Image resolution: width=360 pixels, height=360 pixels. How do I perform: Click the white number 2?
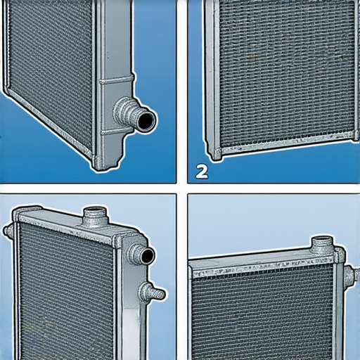[x=202, y=172]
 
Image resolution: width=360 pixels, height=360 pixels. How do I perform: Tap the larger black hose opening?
[x=146, y=121]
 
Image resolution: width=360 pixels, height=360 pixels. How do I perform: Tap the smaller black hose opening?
[x=148, y=256]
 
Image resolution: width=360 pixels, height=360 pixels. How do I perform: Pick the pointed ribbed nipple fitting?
[x=153, y=292]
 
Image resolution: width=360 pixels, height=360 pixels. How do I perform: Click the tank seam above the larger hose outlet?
[x=117, y=79]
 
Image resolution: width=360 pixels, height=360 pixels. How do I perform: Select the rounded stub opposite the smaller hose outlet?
[x=8, y=231]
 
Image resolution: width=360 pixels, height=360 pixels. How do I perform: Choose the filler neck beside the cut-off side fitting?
[x=322, y=245]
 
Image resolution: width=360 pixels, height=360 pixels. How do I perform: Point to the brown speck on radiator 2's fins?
[x=252, y=56]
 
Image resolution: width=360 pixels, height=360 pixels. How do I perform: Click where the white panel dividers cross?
[x=182, y=188]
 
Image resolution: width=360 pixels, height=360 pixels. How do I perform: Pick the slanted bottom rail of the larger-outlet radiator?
[x=48, y=121]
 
